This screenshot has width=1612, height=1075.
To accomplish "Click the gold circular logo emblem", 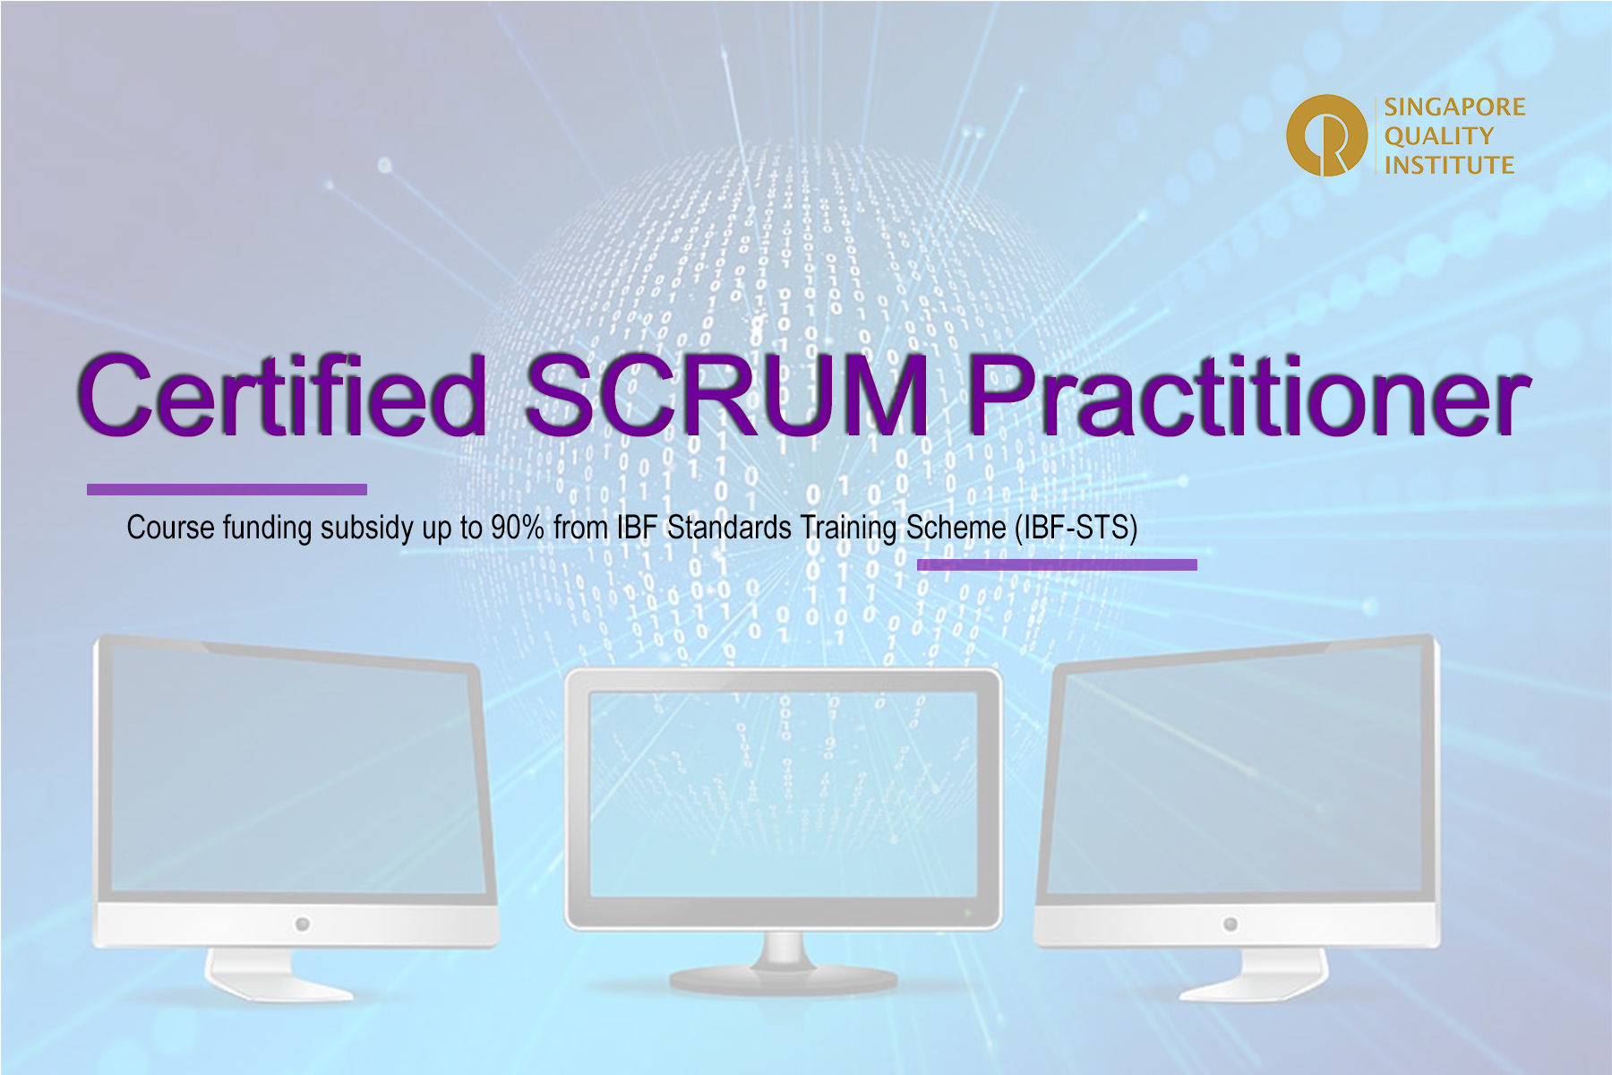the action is [1326, 135].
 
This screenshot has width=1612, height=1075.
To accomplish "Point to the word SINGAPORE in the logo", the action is [1454, 107].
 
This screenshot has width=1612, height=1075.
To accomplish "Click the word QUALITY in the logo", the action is [1439, 136].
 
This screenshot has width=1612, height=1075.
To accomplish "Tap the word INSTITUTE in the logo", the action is [1449, 165].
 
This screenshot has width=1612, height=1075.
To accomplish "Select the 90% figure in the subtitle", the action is [518, 528].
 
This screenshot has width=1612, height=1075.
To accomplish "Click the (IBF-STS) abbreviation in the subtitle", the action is [1076, 528].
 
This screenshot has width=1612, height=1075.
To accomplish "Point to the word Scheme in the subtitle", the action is [956, 528].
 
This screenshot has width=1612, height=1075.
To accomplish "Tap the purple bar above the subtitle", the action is [227, 489].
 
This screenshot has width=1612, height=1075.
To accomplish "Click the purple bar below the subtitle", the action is [1057, 564].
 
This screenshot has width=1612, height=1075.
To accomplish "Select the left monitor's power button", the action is [303, 924].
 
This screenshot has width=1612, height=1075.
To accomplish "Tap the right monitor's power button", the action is [1230, 924].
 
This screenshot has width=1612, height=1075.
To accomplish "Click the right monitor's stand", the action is [1254, 975].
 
